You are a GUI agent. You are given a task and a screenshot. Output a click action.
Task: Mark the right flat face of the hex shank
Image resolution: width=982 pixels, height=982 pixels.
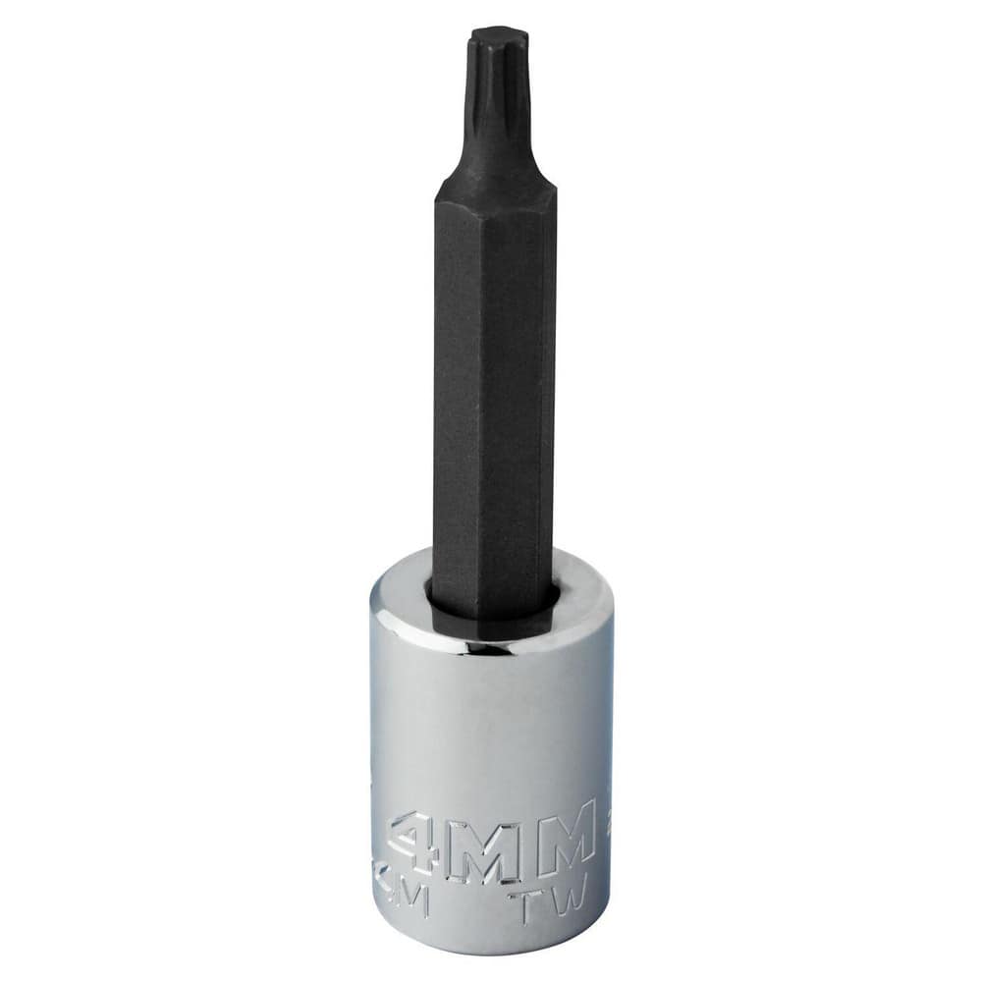coord(536,393)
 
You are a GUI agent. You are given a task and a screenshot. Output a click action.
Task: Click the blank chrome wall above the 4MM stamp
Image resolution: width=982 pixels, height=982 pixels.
coord(491,727)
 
